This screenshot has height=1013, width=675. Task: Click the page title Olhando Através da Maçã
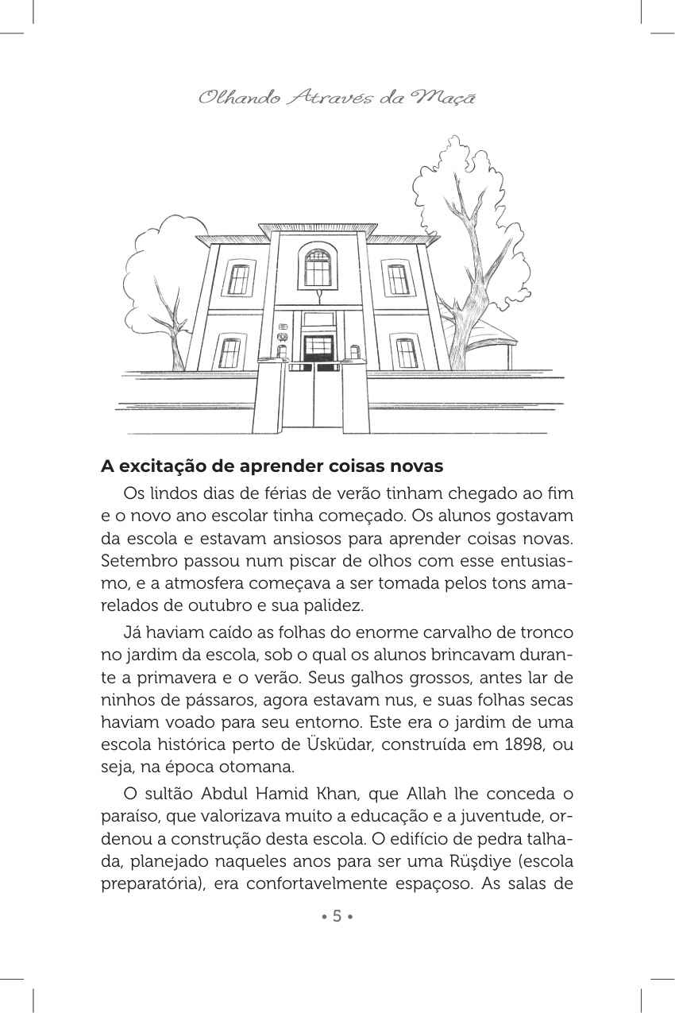click(337, 98)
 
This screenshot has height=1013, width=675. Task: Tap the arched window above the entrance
click(318, 269)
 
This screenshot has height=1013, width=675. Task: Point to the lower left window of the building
click(229, 353)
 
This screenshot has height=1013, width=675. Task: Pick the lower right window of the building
click(406, 353)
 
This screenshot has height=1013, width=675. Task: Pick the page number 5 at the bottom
click(337, 916)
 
